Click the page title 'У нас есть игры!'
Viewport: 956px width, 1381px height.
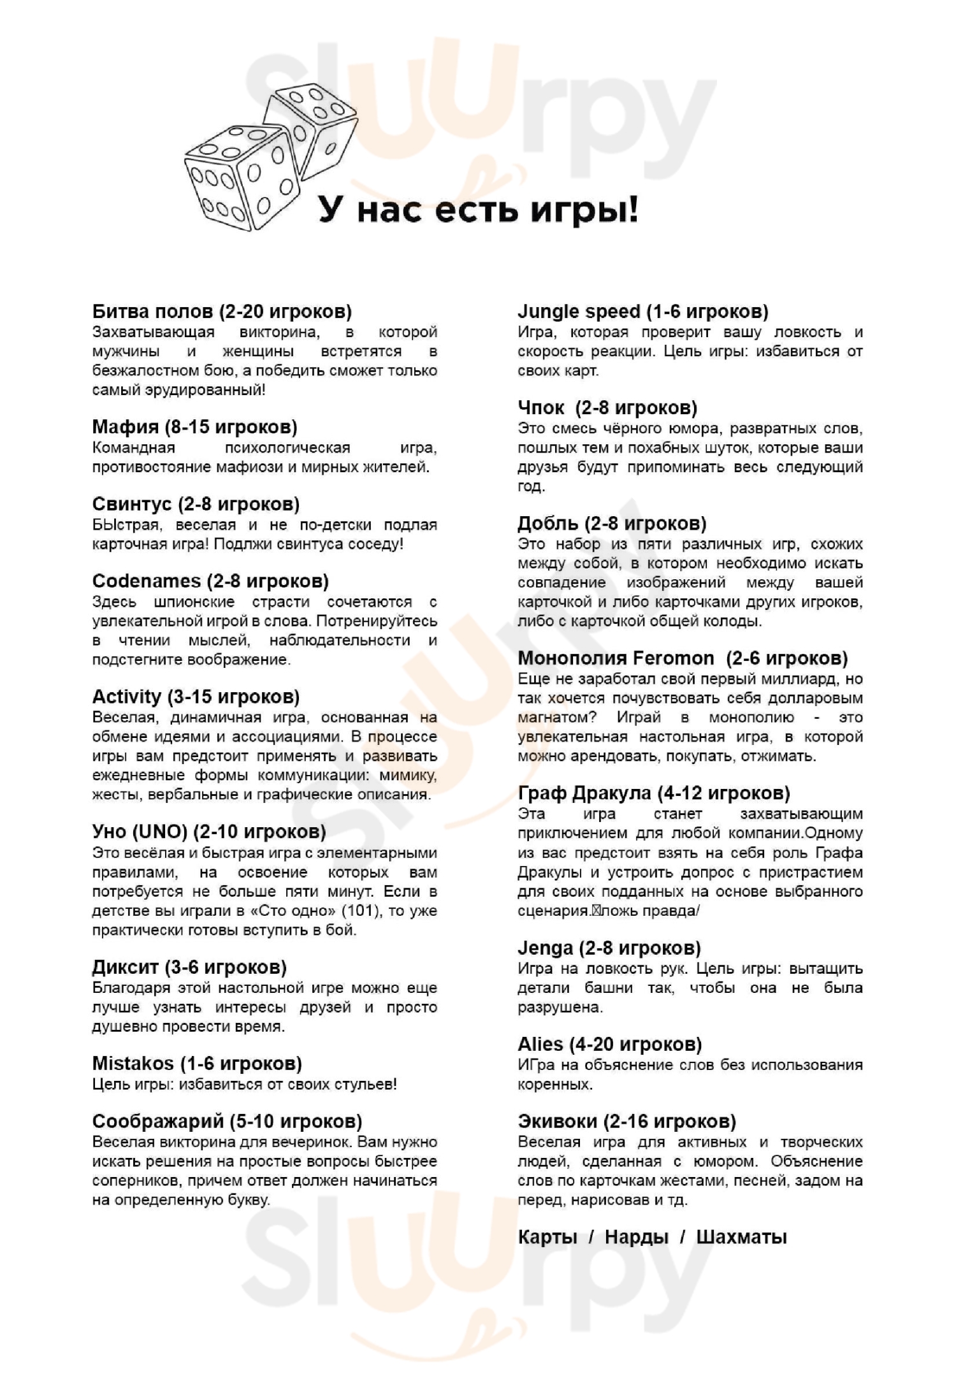[x=477, y=210]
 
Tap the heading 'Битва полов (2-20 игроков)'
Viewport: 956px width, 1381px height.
[x=222, y=312]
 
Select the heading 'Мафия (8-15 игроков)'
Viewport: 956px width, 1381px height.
[x=194, y=427]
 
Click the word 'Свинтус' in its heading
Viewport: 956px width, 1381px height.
[x=132, y=504]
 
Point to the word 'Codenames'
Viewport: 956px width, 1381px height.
[x=146, y=581]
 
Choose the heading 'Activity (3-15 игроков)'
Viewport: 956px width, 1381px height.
[x=196, y=697]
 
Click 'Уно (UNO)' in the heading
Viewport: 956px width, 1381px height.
[x=140, y=832]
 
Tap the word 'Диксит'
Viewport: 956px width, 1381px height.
[x=126, y=967]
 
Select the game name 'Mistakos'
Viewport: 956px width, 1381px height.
[x=133, y=1064]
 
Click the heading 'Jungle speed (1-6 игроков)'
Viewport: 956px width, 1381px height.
[x=642, y=312]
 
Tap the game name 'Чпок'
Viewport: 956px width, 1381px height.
[x=540, y=408]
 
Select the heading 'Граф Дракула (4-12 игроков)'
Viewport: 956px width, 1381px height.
[x=653, y=793]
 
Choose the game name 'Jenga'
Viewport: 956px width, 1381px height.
[x=545, y=948]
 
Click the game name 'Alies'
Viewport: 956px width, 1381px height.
[x=540, y=1045]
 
